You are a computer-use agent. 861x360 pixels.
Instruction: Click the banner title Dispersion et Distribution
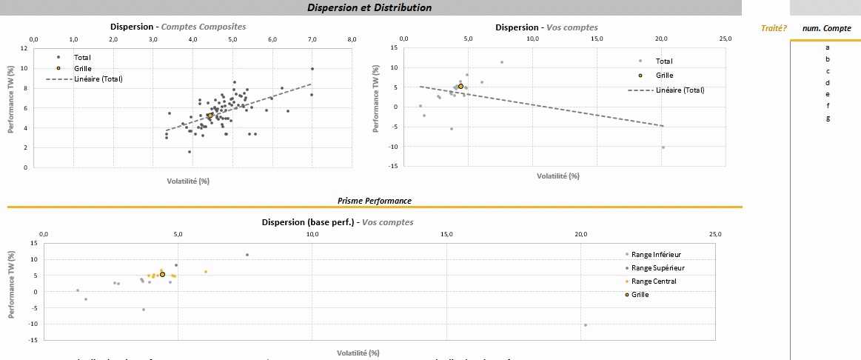(x=369, y=7)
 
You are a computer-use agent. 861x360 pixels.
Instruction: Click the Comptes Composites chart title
(x=178, y=27)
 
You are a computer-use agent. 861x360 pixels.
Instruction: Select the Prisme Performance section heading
(x=374, y=201)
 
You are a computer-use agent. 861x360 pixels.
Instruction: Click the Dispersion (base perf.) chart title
(x=338, y=222)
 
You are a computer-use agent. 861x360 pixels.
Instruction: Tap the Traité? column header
(x=774, y=28)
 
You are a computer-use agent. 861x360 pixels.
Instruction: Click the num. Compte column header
(x=826, y=28)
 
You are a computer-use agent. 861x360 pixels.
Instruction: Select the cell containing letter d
(x=827, y=82)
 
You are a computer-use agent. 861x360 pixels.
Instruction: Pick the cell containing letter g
(x=827, y=118)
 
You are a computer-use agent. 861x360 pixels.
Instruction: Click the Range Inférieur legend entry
(x=655, y=254)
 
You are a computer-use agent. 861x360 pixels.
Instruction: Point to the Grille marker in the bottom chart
(x=162, y=275)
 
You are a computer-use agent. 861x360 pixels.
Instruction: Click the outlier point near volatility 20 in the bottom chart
(x=585, y=324)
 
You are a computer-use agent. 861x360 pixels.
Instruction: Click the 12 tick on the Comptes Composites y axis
(x=24, y=48)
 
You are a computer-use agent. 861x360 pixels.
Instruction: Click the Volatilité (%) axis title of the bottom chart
(x=358, y=352)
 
